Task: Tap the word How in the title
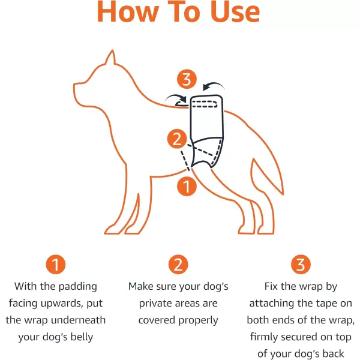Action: (x=128, y=11)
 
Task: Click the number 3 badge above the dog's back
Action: (x=187, y=79)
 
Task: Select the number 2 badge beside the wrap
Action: (x=177, y=139)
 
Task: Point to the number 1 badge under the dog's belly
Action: (x=187, y=186)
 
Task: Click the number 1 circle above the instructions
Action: (x=56, y=265)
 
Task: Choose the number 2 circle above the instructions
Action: (x=178, y=265)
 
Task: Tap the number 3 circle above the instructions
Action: (x=301, y=265)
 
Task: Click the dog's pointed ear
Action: (x=111, y=58)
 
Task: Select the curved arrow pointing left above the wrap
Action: (x=213, y=86)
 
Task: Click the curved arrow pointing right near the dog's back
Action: (x=176, y=98)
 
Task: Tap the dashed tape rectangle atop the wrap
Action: (x=205, y=104)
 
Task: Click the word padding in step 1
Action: (x=78, y=287)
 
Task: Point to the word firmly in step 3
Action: (x=264, y=337)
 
